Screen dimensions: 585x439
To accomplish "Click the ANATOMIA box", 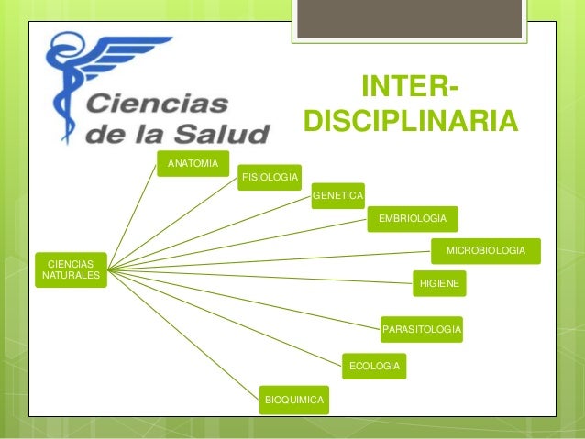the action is pos(192,164).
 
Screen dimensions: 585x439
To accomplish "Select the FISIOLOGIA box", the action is pos(270,176).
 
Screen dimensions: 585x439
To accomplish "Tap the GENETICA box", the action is pos(337,195).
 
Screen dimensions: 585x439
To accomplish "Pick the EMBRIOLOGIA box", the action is pos(413,218).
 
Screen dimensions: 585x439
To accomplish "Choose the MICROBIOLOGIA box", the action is pos(485,250).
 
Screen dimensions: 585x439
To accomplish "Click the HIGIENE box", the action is pos(439,284).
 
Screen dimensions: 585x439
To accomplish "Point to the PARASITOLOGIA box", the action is pos(422,328).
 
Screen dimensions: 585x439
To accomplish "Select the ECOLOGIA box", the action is pos(374,367).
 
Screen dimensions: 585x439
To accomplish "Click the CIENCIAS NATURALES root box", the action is pos(71,269).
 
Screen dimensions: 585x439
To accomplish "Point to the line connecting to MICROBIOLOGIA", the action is pos(275,258).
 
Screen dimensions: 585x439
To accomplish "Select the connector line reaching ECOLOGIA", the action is pos(229,316).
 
